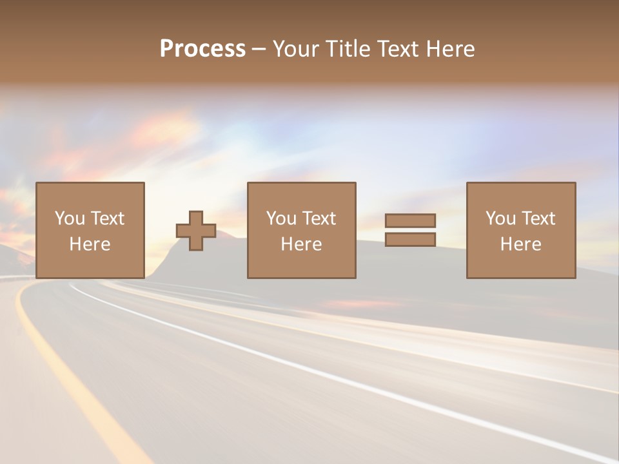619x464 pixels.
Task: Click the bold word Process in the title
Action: [x=202, y=49]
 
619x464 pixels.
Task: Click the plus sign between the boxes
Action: [x=196, y=231]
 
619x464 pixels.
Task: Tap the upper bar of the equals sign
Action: [x=410, y=220]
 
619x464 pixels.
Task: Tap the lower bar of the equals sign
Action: [x=410, y=240]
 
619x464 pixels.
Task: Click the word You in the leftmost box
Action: [x=69, y=218]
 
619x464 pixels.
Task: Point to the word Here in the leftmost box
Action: [x=90, y=244]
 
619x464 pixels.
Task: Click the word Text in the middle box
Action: [x=319, y=218]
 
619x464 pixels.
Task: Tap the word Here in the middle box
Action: [x=301, y=244]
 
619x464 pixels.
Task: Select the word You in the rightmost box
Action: [x=500, y=218]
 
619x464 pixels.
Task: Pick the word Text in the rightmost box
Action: [x=538, y=218]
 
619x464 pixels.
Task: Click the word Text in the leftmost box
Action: [x=107, y=218]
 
